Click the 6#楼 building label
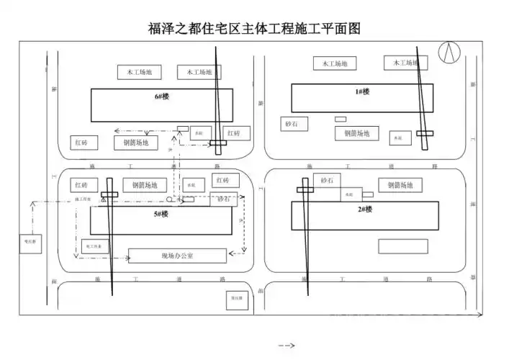(x=161, y=96)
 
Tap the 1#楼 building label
(x=362, y=91)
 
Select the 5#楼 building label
(x=160, y=214)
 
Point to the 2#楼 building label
(x=365, y=210)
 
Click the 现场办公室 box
(x=177, y=256)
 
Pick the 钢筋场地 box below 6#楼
(x=136, y=143)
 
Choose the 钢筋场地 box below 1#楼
(x=356, y=133)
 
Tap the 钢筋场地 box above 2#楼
(x=400, y=185)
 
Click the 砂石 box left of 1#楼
(x=291, y=124)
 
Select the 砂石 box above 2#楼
(x=327, y=179)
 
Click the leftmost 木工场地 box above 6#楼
(x=140, y=72)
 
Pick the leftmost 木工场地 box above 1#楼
(x=335, y=63)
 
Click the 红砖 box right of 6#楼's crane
(x=234, y=133)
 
